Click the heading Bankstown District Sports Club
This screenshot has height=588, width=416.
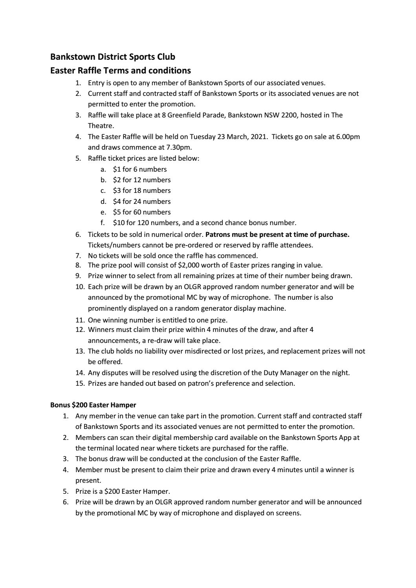[x=113, y=57]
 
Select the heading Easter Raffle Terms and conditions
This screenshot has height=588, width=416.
[x=121, y=71]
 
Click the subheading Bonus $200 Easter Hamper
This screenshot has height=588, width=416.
[x=93, y=405]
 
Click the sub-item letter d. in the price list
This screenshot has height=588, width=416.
[x=103, y=201]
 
